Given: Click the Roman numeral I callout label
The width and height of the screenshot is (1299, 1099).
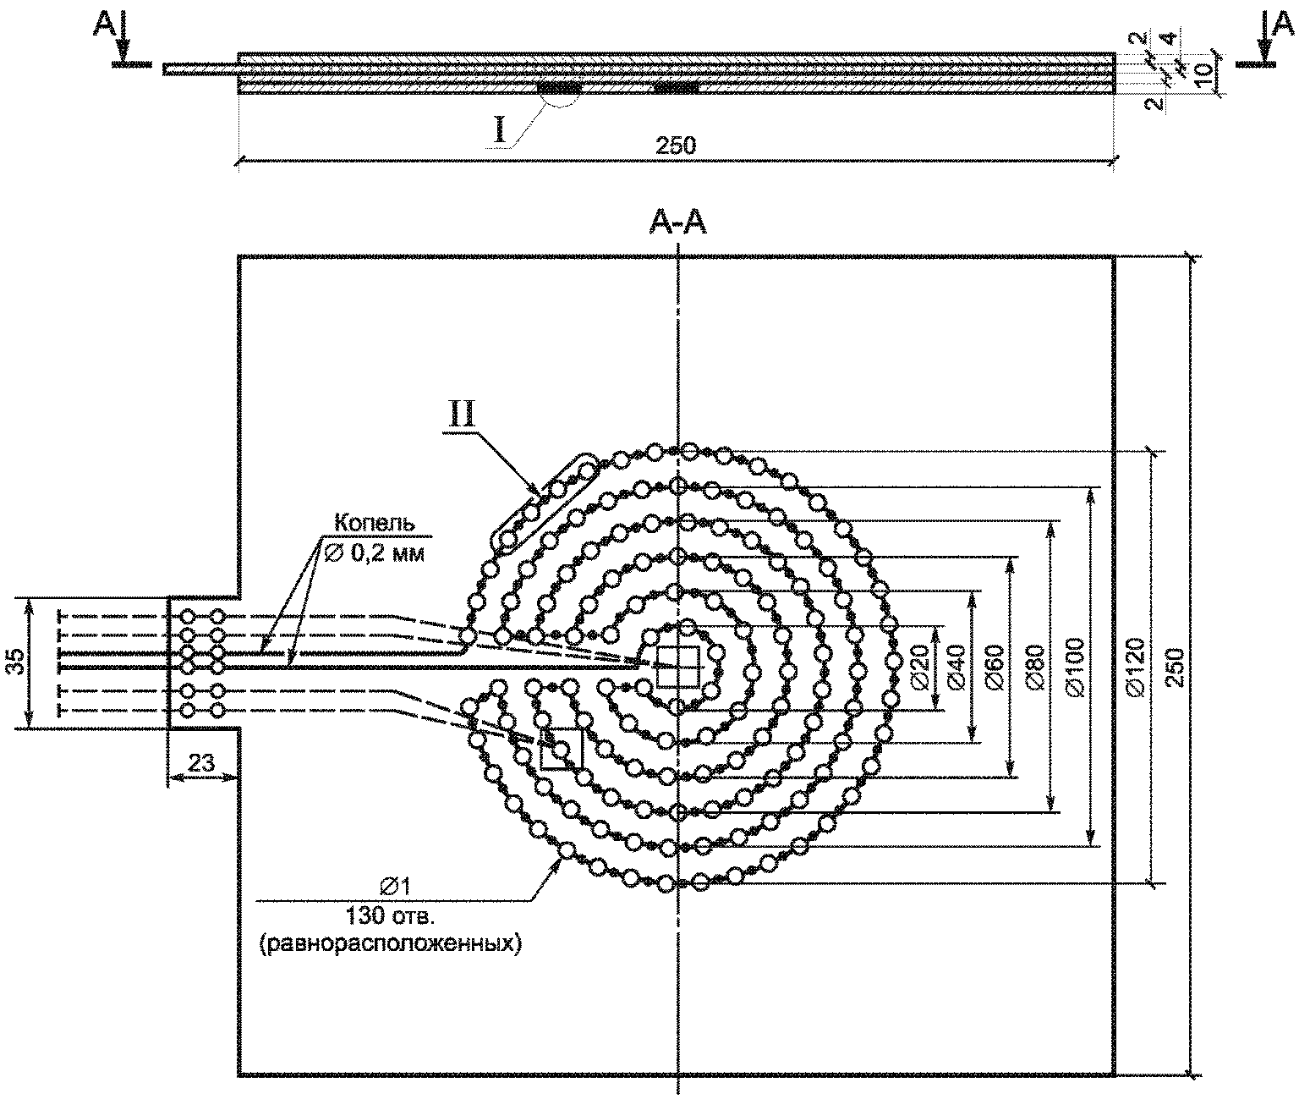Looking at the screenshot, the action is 501,131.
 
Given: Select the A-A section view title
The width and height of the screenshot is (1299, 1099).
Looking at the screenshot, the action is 677,223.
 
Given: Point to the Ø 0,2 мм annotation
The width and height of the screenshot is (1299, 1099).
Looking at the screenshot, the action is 375,552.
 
